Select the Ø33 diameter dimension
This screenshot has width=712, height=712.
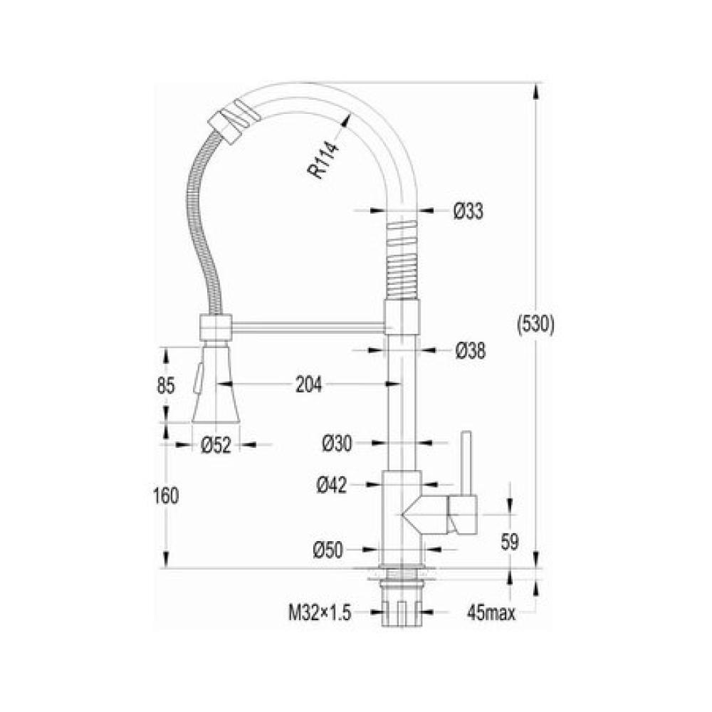(x=468, y=211)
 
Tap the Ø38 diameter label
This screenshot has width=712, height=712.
(x=469, y=350)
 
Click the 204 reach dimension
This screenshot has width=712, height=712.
(x=309, y=385)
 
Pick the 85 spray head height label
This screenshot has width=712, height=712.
(x=165, y=385)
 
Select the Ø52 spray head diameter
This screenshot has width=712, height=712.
(x=216, y=445)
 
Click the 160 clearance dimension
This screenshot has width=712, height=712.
(x=165, y=496)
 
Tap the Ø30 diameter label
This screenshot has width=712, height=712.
(x=337, y=444)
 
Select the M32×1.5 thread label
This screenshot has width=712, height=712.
(x=320, y=612)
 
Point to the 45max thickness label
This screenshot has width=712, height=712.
(x=492, y=612)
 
